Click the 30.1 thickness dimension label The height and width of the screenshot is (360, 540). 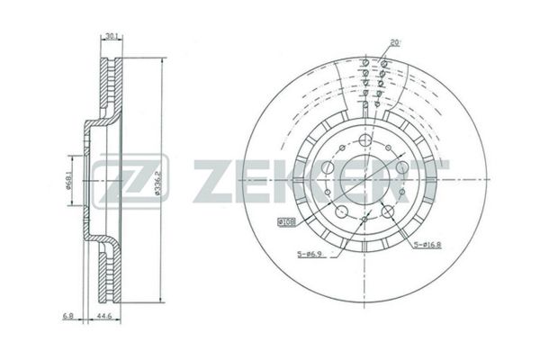pyautogui.click(x=112, y=35)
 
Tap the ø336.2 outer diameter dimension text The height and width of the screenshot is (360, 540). pyautogui.click(x=158, y=184)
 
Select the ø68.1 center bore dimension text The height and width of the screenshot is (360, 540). pyautogui.click(x=68, y=181)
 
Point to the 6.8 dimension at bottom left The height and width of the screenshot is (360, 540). pyautogui.click(x=67, y=316)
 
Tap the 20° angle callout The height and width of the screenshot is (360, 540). pyautogui.click(x=395, y=43)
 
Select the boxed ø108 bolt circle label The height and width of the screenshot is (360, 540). pyautogui.click(x=286, y=222)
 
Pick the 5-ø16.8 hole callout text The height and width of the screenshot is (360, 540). pyautogui.click(x=427, y=245)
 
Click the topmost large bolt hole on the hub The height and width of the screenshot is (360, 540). pyautogui.click(x=364, y=139)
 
